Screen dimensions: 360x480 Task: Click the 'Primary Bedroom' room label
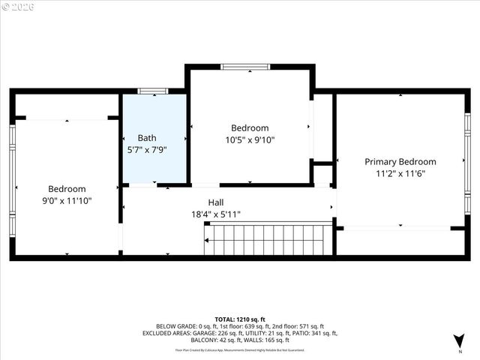[400, 161]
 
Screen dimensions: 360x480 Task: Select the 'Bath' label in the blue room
[147, 138]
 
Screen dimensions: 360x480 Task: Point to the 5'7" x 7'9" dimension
[147, 149]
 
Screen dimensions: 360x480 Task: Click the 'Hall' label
[216, 202]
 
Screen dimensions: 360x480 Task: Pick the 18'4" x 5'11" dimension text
[216, 214]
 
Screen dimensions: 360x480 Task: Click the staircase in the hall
[268, 239]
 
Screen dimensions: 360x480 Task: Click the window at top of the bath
[152, 91]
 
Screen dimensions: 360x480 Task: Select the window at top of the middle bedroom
[245, 67]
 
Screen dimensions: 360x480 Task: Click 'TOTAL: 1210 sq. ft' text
[239, 319]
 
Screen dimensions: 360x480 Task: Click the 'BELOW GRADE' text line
[239, 327]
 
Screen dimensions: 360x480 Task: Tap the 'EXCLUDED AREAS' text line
[239, 334]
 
